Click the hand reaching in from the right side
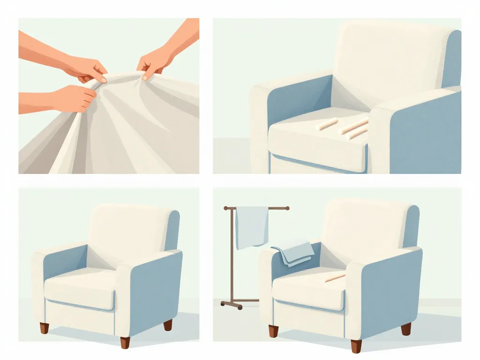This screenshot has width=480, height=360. tap(155, 63)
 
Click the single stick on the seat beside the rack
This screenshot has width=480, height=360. tap(335, 278)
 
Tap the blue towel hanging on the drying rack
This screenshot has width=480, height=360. tap(252, 227)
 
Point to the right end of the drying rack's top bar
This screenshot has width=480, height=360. tap(286, 208)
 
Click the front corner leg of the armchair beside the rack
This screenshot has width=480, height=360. tap(356, 345)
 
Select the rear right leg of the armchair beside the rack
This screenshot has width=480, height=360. tap(406, 328)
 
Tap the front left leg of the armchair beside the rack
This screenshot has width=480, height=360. tap(273, 331)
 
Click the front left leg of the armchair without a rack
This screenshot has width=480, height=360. tap(44, 328)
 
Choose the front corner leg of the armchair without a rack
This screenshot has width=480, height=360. tap(125, 343)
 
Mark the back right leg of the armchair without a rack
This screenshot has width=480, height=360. tap(168, 325)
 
